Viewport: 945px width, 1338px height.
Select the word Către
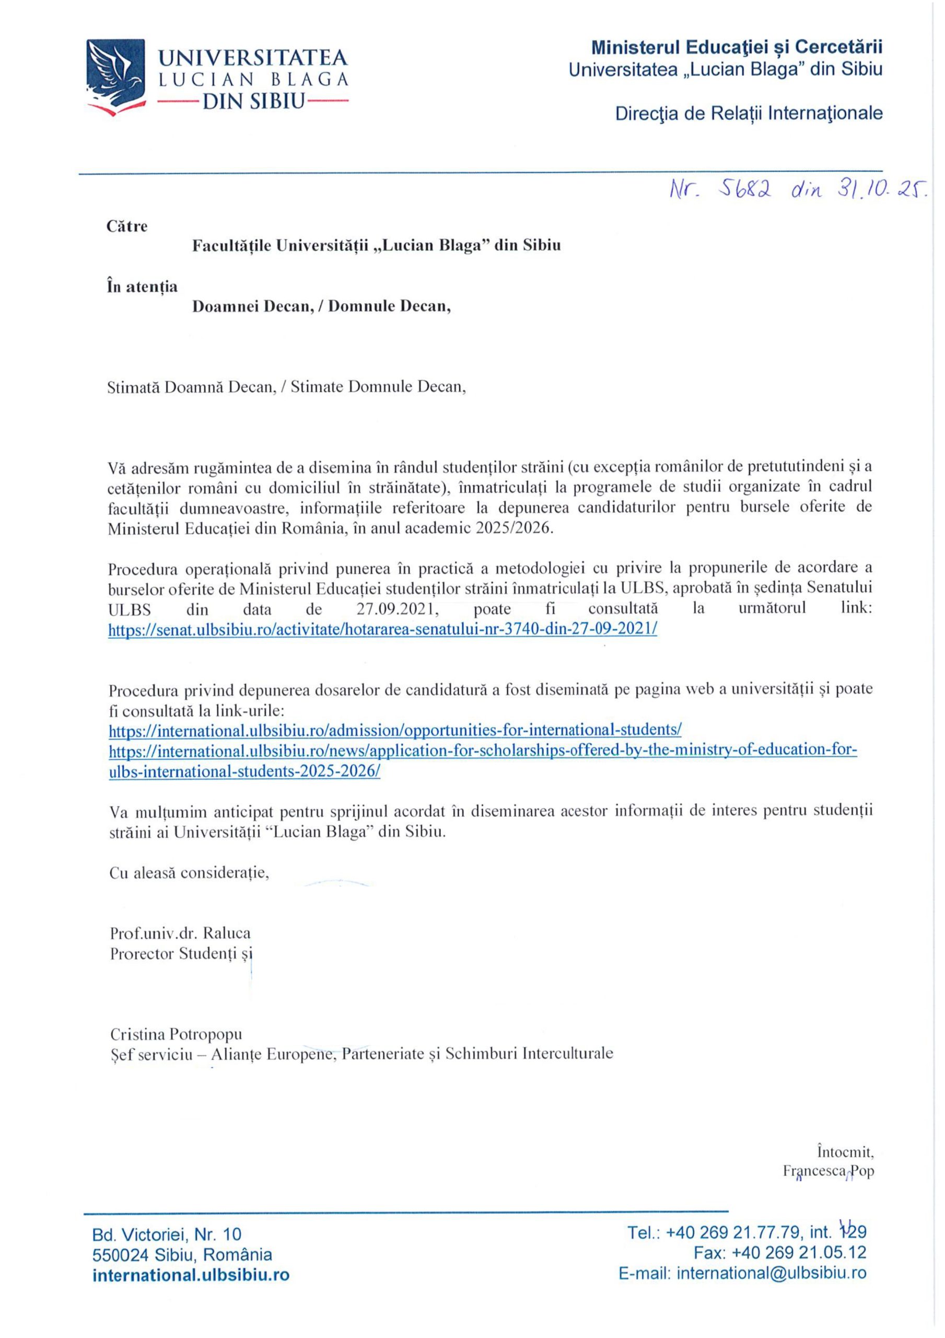click(x=127, y=226)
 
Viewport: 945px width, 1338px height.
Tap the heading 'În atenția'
click(x=142, y=287)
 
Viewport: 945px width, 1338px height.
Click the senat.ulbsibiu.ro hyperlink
click(x=383, y=629)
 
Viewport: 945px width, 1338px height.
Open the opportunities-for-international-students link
click(x=395, y=730)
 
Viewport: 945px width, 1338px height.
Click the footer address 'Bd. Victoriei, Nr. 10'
click(x=167, y=1233)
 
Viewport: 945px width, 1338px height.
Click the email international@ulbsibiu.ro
click(x=742, y=1273)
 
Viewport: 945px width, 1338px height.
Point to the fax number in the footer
click(x=779, y=1253)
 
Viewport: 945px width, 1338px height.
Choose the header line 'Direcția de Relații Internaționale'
click(x=749, y=113)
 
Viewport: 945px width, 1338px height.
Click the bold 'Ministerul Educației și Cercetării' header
click(x=737, y=47)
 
